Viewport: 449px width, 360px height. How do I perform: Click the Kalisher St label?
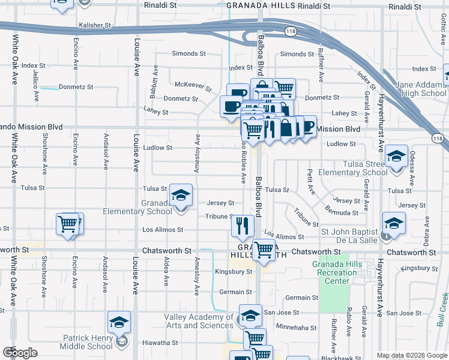(95, 26)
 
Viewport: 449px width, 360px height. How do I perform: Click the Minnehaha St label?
(296, 327)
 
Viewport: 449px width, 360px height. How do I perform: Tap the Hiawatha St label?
(159, 343)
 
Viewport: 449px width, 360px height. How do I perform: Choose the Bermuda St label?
(342, 212)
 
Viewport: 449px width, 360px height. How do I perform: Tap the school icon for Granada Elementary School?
(181, 195)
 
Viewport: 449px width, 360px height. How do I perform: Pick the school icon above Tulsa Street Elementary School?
(396, 157)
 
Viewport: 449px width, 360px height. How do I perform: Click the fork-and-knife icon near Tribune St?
(243, 226)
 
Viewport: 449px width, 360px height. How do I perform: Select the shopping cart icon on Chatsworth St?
(264, 250)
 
